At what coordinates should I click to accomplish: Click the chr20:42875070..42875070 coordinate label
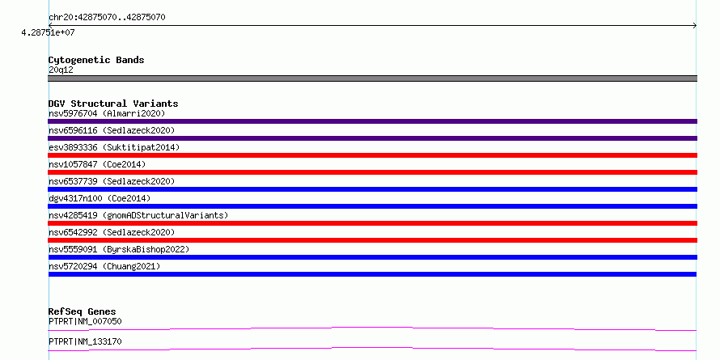tap(107, 18)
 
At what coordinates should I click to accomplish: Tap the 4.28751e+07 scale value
tap(48, 32)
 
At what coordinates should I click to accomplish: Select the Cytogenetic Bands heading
tap(96, 60)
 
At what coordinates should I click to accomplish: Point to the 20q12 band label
tap(61, 70)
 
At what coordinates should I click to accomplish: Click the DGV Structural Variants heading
tap(113, 104)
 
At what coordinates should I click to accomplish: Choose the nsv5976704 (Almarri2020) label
tap(107, 113)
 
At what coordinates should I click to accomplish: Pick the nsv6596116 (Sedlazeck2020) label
tap(112, 130)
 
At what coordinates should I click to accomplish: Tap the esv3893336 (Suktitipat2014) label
tap(114, 147)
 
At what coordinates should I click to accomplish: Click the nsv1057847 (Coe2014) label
tap(97, 164)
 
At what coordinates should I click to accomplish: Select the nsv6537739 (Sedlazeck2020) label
tap(112, 181)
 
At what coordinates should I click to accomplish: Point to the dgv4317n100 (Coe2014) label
tap(100, 198)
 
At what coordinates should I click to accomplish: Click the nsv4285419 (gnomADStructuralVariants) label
tap(138, 215)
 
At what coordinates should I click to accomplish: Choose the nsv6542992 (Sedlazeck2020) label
tap(112, 232)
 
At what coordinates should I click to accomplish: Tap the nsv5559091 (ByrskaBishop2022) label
tap(119, 249)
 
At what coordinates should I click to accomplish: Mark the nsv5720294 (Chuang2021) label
tap(104, 266)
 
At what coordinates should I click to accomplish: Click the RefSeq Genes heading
tap(83, 311)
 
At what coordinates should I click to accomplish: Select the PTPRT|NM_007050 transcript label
tap(85, 321)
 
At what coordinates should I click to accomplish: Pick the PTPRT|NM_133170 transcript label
tap(85, 342)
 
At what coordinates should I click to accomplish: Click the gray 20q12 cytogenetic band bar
tap(372, 78)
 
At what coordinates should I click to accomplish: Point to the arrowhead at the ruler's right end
tap(695, 26)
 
